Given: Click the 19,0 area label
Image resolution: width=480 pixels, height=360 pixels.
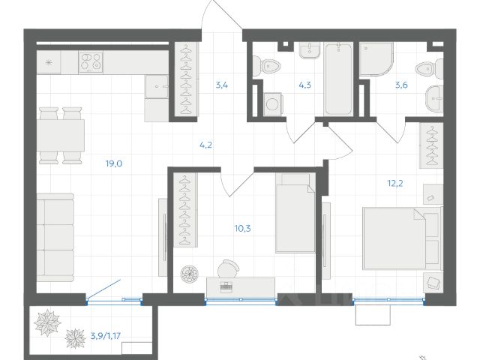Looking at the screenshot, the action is [x=114, y=163].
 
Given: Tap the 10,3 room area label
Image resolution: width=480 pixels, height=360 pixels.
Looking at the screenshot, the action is [x=243, y=228].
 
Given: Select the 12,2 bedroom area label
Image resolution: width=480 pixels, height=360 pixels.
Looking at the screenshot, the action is [x=395, y=183].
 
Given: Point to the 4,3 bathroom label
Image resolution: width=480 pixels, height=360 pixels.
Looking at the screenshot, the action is [x=305, y=85].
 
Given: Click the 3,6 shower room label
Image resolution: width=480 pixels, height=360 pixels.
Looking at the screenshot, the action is [x=401, y=85].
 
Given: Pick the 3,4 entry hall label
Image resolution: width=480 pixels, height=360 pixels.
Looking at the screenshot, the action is [x=222, y=85].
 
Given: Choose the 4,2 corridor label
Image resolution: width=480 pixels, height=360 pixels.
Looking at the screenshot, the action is [x=205, y=145].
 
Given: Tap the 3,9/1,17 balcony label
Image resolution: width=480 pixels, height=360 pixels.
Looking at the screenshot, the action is [x=106, y=336].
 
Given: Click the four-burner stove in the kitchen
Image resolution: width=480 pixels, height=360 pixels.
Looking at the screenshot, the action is [x=91, y=62].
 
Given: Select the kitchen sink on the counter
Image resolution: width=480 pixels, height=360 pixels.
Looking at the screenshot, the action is [x=157, y=87].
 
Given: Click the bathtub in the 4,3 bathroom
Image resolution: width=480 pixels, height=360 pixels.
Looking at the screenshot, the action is [x=338, y=79].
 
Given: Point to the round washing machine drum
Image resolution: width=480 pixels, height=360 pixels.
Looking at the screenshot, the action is [x=272, y=104].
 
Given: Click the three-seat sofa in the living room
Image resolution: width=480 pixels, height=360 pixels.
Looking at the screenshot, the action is [x=55, y=238].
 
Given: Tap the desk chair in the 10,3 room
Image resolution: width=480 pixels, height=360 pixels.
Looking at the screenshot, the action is [x=228, y=268].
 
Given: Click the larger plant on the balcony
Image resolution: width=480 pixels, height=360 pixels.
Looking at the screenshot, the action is [x=47, y=322].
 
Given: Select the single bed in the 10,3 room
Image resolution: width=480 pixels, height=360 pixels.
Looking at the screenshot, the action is [x=295, y=213].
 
